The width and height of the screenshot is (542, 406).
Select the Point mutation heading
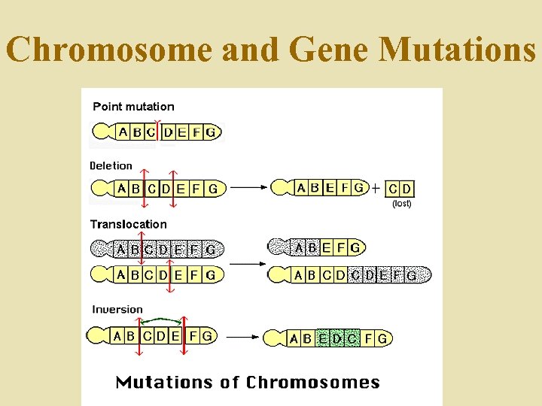pyautogui.click(x=133, y=107)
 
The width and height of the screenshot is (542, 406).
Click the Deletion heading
pyautogui.click(x=111, y=165)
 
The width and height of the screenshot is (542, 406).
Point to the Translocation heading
pyautogui.click(x=129, y=224)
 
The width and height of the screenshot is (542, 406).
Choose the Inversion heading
pyautogui.click(x=117, y=309)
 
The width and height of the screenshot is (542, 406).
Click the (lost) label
pyautogui.click(x=402, y=203)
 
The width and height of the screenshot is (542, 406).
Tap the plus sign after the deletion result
pyautogui.click(x=376, y=188)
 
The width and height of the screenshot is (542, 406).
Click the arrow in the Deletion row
pyautogui.click(x=249, y=188)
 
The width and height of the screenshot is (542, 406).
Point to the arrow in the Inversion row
pyautogui.click(x=242, y=338)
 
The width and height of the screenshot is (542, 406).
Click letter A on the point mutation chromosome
pyautogui.click(x=123, y=132)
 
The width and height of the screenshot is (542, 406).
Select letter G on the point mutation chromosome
pyautogui.click(x=212, y=133)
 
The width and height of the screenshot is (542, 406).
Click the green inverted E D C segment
pyautogui.click(x=338, y=339)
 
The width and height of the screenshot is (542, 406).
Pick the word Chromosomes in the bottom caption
pyautogui.click(x=313, y=383)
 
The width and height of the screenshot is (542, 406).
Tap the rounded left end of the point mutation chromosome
pyautogui.click(x=101, y=133)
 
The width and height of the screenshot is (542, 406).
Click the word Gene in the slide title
pyautogui.click(x=328, y=50)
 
